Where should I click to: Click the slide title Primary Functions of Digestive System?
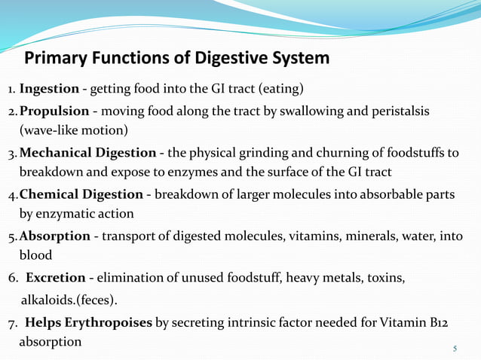(177, 58)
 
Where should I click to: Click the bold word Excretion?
(55, 279)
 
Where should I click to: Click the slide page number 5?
(455, 349)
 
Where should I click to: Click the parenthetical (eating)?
(281, 90)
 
